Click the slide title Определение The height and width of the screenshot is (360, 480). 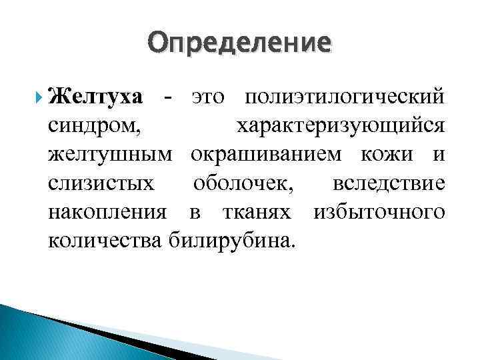pos(239,43)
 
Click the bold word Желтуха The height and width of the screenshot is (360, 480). pos(96,97)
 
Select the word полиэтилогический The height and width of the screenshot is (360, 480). pos(344,97)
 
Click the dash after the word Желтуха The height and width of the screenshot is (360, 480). pos(169,97)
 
